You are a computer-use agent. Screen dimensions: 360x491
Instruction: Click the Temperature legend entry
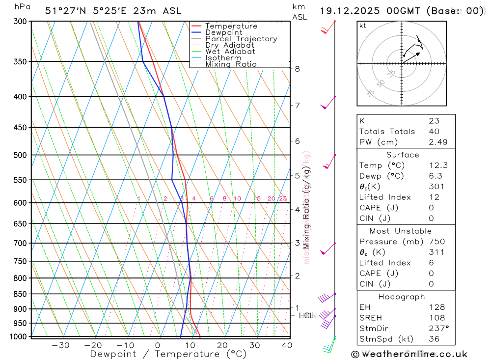231,26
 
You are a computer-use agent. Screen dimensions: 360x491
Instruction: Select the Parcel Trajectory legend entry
241,39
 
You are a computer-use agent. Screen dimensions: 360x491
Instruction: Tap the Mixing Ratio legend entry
231,64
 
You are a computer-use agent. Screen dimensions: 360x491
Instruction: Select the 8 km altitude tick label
298,69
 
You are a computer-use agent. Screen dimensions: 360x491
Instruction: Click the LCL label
306,316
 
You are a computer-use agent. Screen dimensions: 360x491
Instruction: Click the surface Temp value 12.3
438,166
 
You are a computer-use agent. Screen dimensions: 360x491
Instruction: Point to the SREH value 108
436,318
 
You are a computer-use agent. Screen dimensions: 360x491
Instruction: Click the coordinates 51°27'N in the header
64,11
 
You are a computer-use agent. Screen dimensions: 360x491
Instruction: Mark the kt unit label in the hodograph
363,26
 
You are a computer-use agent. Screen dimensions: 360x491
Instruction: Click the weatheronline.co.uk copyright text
409,354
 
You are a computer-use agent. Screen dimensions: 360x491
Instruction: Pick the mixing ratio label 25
283,198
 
